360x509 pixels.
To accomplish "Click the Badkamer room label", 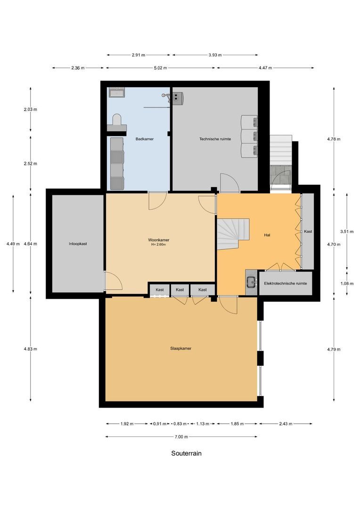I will click(x=145, y=139).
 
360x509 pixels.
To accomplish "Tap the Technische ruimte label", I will click(x=215, y=139).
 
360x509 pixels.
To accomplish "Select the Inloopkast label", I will click(x=78, y=244).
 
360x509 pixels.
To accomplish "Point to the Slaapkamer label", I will click(x=181, y=348).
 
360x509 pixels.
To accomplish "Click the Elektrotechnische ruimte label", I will click(x=286, y=284).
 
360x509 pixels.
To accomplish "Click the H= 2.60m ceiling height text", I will click(x=158, y=245).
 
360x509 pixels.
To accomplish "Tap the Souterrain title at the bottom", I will click(x=186, y=453).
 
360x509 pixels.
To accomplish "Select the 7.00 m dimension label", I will click(x=181, y=437).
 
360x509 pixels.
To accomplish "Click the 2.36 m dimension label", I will click(x=78, y=68).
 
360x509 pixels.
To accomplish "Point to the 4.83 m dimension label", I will click(x=31, y=349).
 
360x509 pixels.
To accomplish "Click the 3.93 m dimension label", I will click(x=215, y=55).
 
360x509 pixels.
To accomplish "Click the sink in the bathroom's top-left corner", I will click(x=116, y=92).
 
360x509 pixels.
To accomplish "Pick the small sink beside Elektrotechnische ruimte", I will click(x=251, y=282).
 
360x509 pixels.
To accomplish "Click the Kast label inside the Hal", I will click(x=308, y=232).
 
